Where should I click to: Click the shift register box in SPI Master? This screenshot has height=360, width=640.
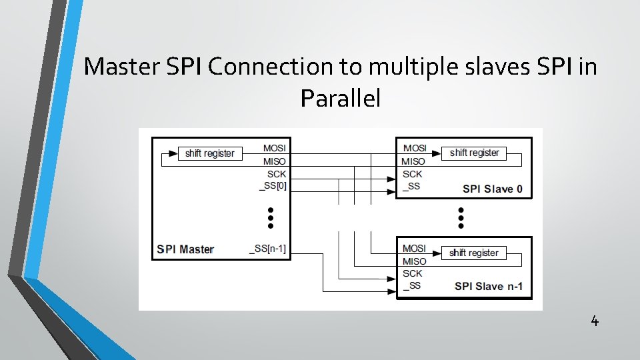tap(210, 153)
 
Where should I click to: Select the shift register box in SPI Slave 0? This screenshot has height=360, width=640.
tap(474, 153)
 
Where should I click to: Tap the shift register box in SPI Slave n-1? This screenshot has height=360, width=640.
tap(473, 253)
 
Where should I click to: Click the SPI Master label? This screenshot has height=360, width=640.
tap(185, 249)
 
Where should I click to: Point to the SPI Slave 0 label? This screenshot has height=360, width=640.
tap(493, 189)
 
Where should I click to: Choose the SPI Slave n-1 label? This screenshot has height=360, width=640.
tap(489, 287)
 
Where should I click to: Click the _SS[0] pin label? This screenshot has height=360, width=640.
tap(273, 186)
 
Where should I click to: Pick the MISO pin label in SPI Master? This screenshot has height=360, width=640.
tap(275, 161)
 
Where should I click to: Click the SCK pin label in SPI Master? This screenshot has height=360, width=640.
tap(277, 173)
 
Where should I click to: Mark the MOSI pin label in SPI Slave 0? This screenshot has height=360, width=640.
tap(415, 147)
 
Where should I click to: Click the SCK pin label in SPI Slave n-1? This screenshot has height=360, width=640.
tap(413, 273)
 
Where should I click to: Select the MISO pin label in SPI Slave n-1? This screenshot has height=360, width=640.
tap(414, 261)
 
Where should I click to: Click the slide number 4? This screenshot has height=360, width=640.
tap(595, 321)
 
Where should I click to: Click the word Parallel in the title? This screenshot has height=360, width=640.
tap(340, 99)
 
